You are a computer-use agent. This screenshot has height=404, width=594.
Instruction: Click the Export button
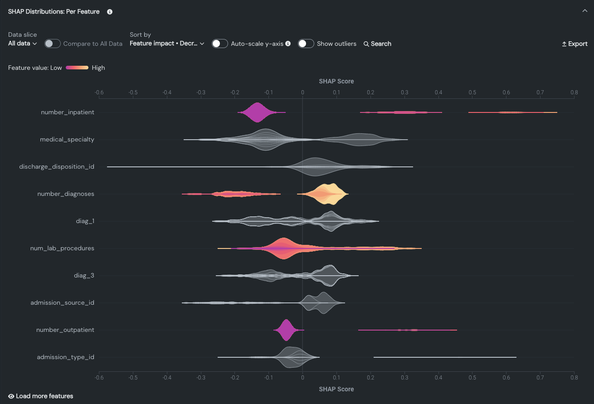point(575,44)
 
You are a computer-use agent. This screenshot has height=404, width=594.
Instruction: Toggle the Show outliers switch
point(306,44)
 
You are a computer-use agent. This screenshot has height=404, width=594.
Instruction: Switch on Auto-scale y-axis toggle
point(220,44)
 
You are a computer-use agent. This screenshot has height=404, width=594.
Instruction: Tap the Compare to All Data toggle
point(53,44)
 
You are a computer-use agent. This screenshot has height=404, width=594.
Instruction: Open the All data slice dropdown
point(22,44)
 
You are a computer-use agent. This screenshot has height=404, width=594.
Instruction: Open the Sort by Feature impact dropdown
point(167,44)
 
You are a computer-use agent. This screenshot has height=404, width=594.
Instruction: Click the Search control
point(377,44)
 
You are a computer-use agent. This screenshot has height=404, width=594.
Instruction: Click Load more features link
point(41,396)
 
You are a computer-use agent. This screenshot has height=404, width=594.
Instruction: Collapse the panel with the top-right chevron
point(584,11)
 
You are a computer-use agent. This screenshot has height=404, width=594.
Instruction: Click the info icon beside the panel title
point(110,12)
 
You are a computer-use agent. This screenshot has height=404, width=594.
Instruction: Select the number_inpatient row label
point(68,112)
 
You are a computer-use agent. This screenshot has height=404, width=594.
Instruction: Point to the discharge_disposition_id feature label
point(57,167)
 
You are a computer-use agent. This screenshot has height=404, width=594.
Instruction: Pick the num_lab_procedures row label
point(62,248)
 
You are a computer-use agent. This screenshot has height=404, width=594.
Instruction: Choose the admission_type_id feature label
point(66,357)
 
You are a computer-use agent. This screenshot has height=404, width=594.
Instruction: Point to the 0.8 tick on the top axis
point(574,92)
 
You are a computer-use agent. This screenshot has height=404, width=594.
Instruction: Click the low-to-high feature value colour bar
point(77,68)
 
